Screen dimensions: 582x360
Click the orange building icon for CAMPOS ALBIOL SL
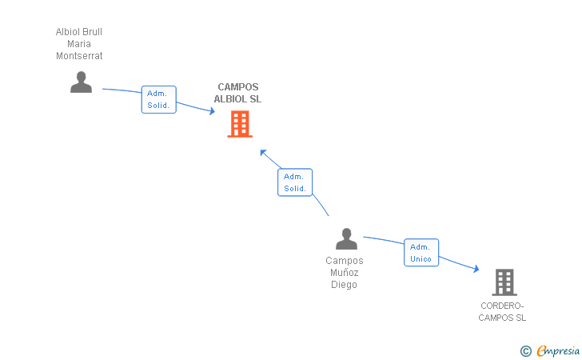(x=240, y=124)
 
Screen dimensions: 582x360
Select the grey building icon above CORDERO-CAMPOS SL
(x=504, y=282)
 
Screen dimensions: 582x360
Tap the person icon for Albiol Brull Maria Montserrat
(x=81, y=82)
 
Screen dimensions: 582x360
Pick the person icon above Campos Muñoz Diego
(x=346, y=238)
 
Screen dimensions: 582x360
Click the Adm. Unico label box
(x=421, y=253)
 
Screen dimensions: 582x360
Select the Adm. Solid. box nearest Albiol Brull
(x=158, y=99)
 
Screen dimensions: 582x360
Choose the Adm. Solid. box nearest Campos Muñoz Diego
(x=295, y=182)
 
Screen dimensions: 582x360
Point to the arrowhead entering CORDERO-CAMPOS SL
(x=476, y=268)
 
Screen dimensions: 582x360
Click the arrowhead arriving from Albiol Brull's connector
(x=212, y=110)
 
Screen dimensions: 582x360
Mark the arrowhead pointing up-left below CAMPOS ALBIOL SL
(x=263, y=152)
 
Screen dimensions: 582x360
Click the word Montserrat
(x=79, y=56)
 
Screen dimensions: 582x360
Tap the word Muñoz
(x=344, y=272)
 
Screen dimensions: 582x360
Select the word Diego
(x=344, y=285)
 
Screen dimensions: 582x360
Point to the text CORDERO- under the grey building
(x=502, y=306)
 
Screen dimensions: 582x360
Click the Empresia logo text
(x=558, y=350)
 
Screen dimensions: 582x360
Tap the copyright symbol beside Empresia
(x=526, y=351)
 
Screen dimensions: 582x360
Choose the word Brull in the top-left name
(x=92, y=32)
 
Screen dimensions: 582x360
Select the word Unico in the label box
(x=421, y=259)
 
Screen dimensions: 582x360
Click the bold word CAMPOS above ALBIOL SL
(x=238, y=87)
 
